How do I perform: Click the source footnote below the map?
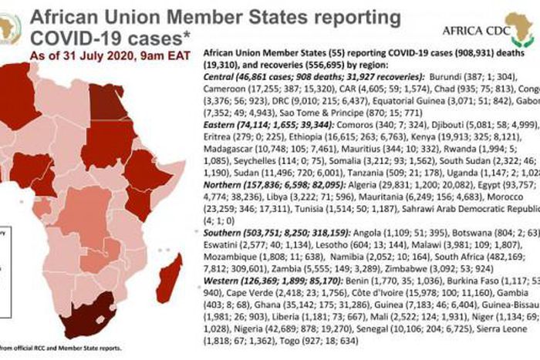[x=62, y=347]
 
